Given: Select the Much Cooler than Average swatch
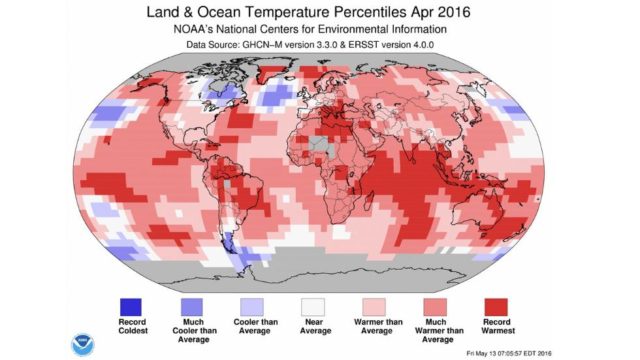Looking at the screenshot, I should pyautogui.click(x=192, y=304).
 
